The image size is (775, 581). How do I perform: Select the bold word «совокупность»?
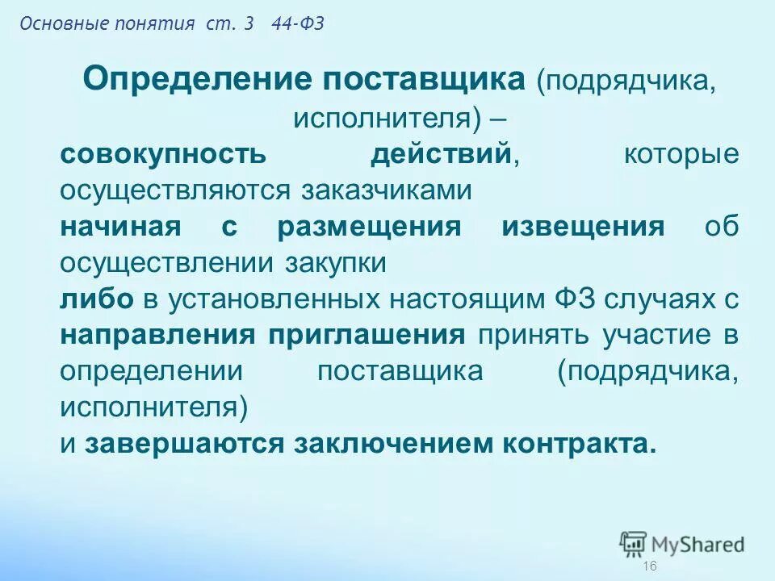[150, 155]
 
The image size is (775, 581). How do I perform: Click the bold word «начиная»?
[119, 227]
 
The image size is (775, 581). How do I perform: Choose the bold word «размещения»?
[369, 227]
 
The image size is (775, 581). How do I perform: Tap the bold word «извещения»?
[583, 227]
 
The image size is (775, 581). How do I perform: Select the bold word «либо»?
[97, 299]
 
